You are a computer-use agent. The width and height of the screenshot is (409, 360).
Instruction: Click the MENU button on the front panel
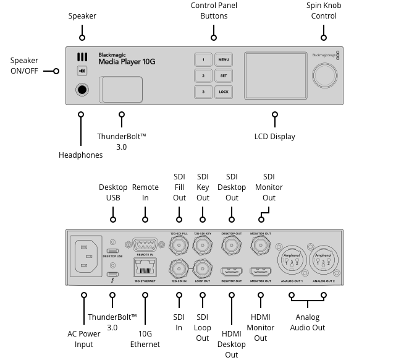coord(223,60)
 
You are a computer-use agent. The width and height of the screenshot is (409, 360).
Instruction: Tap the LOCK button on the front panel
coord(223,92)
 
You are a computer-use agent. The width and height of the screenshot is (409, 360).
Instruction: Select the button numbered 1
coord(203,60)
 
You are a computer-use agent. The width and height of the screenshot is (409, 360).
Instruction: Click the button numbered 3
coord(203,92)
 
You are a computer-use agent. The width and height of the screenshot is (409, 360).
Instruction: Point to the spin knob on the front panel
coord(324,76)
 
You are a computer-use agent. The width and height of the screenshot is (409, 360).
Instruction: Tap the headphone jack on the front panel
coord(82,90)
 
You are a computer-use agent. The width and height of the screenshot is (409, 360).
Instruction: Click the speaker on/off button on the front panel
coord(82,71)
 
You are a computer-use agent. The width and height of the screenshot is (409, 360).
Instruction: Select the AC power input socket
coord(86,257)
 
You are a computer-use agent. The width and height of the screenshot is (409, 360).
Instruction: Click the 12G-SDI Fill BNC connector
coord(179,246)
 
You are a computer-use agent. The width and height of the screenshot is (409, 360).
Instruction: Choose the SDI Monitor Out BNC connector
coord(260,246)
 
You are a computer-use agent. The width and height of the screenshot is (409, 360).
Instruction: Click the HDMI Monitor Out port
coord(260,272)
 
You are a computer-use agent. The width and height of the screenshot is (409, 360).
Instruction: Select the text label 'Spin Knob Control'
coord(324,11)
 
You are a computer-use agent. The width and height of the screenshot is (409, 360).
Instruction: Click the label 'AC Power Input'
coord(83,338)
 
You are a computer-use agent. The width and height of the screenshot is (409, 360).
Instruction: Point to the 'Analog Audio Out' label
coord(307,322)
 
